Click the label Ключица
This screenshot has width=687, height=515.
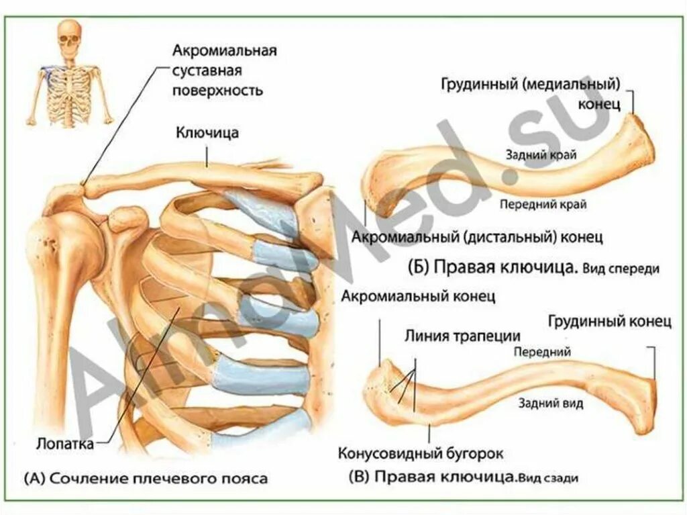click(x=207, y=133)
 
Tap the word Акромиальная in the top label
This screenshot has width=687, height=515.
click(x=225, y=51)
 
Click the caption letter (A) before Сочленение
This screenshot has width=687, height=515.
click(x=35, y=479)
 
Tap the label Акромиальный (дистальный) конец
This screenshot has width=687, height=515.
click(x=478, y=236)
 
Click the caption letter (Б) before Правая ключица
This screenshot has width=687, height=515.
click(x=419, y=267)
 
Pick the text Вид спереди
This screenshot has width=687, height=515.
click(x=621, y=268)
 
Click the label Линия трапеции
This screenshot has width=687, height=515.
click(x=462, y=335)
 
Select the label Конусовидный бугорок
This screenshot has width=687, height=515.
click(x=421, y=453)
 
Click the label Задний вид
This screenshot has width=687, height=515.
click(x=550, y=403)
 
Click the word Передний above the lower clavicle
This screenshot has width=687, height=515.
click(x=542, y=351)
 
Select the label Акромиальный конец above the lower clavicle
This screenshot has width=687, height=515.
click(x=417, y=296)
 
